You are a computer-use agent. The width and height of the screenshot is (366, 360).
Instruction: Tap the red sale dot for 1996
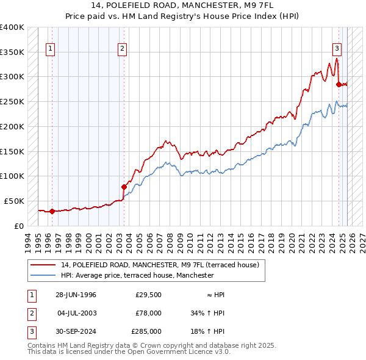click(x=52, y=212)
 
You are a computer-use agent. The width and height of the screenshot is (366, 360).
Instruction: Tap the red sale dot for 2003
click(x=124, y=187)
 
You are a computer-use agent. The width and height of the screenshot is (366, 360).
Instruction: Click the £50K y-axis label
click(x=14, y=201)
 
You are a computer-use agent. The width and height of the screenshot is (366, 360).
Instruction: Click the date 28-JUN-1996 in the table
click(x=76, y=295)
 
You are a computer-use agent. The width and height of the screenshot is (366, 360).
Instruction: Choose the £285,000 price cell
click(x=146, y=331)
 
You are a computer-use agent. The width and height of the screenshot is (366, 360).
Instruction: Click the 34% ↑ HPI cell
click(x=207, y=313)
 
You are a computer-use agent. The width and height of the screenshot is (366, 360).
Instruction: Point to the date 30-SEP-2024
click(x=76, y=331)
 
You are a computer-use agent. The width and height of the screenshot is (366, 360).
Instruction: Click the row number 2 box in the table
click(x=31, y=313)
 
